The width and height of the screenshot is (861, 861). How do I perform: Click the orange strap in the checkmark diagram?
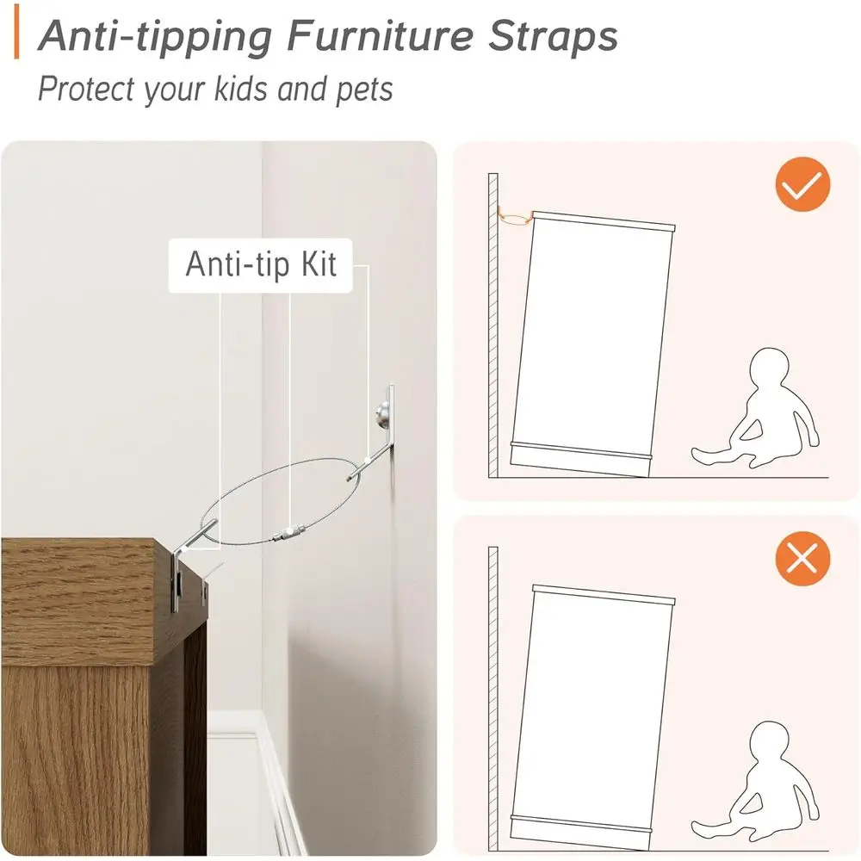tap(515, 219)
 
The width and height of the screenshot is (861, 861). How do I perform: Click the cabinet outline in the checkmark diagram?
tap(594, 344)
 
